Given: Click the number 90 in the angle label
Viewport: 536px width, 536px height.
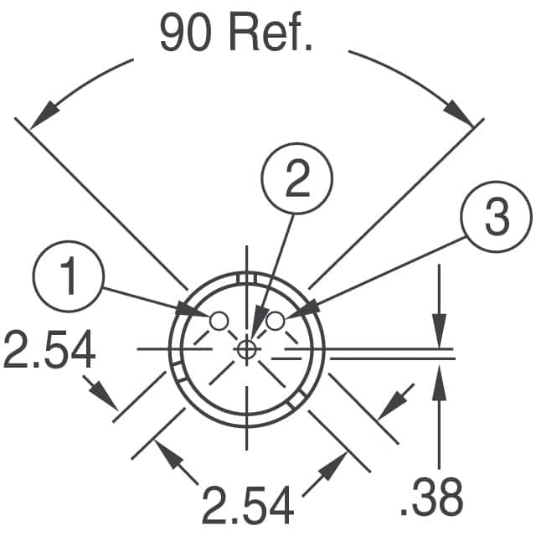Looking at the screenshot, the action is [185, 33].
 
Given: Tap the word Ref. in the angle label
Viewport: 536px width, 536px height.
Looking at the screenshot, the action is [270, 33].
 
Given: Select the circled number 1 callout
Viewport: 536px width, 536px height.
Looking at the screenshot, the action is [69, 276].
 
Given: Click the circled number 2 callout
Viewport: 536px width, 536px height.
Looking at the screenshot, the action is [296, 178].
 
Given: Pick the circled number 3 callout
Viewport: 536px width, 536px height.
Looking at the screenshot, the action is [497, 217].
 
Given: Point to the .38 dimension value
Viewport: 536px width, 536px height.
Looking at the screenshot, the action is [431, 497].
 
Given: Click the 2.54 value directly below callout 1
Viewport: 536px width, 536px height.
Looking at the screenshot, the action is [49, 348].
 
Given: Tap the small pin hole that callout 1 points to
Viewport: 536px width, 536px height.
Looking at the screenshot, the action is [219, 322].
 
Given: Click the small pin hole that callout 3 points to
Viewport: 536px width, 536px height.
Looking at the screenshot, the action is [276, 322].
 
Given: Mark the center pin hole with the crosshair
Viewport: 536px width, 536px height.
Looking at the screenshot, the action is [246, 349].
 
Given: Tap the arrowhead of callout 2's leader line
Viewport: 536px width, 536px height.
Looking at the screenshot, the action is [258, 322].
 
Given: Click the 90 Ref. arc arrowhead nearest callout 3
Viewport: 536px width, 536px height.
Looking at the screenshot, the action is [459, 113].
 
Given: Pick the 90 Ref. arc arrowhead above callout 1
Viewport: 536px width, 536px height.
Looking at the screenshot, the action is [44, 115].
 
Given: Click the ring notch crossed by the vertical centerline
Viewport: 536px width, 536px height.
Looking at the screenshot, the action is [246, 278].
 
